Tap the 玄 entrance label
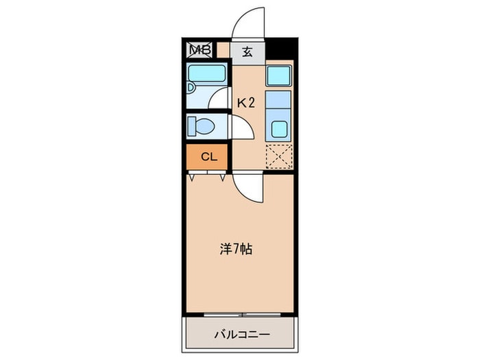pyautogui.click(x=247, y=51)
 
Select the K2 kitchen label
pyautogui.click(x=246, y=103)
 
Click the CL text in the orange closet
pyautogui.click(x=209, y=157)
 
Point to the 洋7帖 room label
pyautogui.click(x=236, y=249)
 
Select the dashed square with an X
pyautogui.click(x=279, y=156)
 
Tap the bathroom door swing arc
pyautogui.click(x=221, y=99)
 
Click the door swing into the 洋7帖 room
pyautogui.click(x=247, y=187)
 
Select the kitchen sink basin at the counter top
pyautogui.click(x=279, y=75)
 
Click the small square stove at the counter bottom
pyautogui.click(x=279, y=128)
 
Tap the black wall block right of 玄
pyautogui.click(x=282, y=50)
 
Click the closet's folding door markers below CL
pyautogui.click(x=208, y=176)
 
